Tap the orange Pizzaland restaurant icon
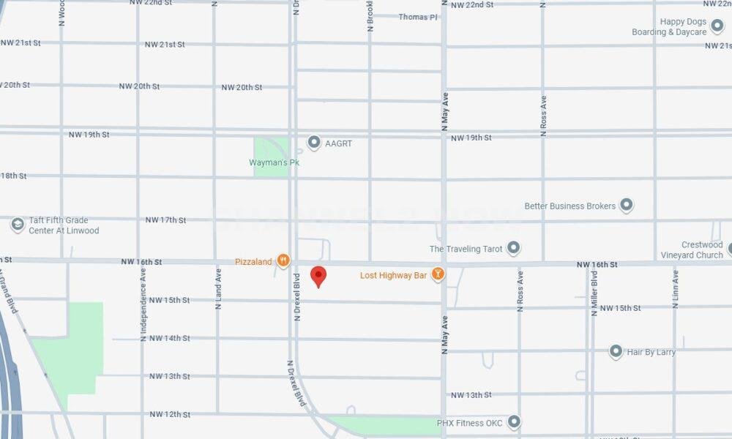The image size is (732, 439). (x=283, y=260)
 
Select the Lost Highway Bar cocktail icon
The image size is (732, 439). (x=438, y=274)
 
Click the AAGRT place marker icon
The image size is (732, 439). (x=314, y=143)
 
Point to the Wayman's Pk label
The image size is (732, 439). (x=274, y=162)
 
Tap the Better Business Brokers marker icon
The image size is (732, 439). (x=627, y=206)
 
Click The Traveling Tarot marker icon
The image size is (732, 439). (x=514, y=248)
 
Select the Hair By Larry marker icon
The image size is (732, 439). (x=616, y=352)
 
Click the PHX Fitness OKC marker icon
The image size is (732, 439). (x=514, y=422)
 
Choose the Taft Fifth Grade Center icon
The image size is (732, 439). (x=18, y=225)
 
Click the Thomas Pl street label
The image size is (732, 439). (x=417, y=17)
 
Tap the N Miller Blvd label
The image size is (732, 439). (x=594, y=292)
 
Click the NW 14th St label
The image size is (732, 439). (x=169, y=338)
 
